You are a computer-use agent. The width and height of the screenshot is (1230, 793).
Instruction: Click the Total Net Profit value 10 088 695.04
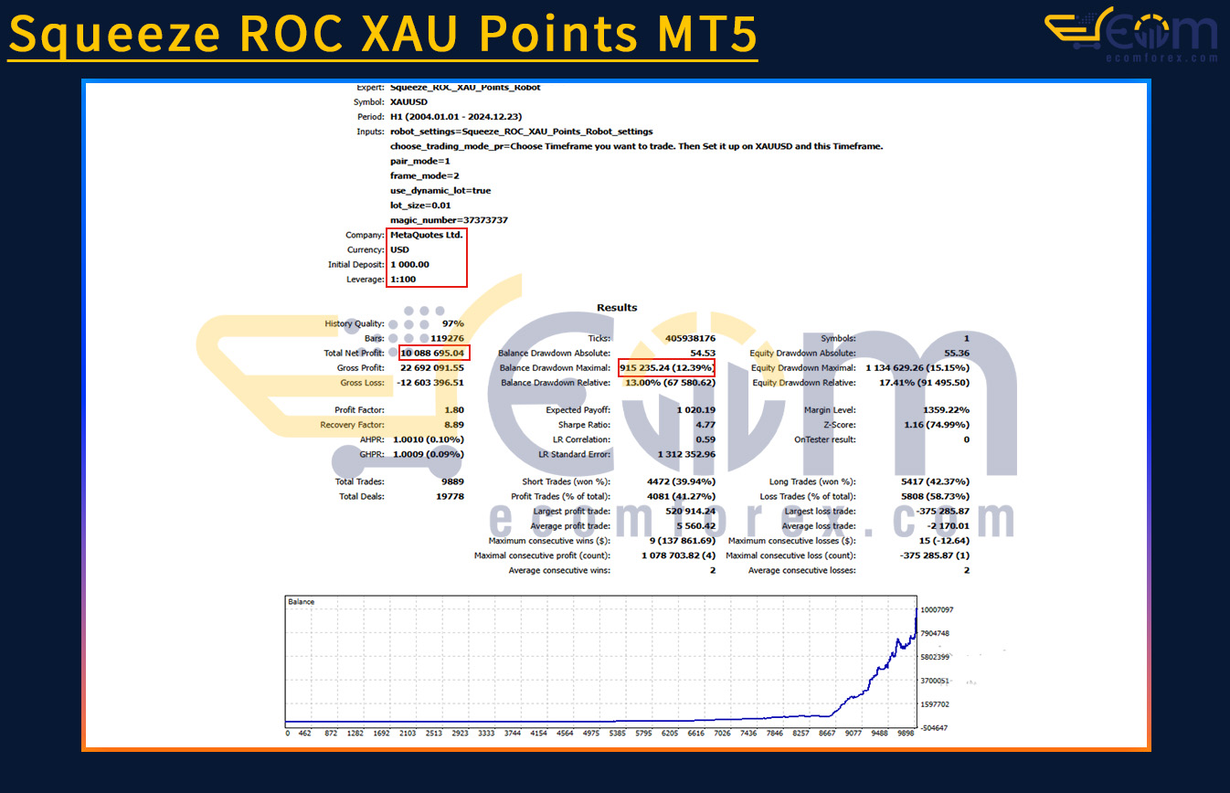(x=432, y=353)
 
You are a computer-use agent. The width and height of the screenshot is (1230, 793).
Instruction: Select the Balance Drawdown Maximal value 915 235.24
(x=644, y=367)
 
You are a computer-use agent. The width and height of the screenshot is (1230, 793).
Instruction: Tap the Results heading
(x=617, y=307)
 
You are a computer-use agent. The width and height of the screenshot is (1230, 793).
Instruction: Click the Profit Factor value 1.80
(x=454, y=410)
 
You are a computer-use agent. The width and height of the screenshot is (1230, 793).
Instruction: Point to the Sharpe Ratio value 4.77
(x=705, y=425)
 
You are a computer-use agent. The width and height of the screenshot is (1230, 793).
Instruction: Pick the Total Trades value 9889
(x=452, y=481)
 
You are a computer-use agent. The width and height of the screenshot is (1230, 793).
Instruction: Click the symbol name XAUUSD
(x=408, y=102)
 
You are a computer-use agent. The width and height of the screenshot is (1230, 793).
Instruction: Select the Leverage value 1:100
(x=403, y=280)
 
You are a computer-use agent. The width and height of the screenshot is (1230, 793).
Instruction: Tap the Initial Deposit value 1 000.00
(x=409, y=265)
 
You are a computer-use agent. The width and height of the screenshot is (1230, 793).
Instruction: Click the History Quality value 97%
(x=453, y=323)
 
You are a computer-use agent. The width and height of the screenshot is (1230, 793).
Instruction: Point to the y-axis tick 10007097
(x=937, y=609)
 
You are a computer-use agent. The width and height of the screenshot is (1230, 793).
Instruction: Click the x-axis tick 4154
(x=538, y=734)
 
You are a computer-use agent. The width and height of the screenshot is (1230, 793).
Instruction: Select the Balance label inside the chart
(x=301, y=602)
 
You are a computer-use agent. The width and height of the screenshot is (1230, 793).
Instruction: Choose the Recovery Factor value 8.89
(x=454, y=425)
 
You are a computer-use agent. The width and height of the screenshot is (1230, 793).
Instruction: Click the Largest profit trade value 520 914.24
(x=690, y=511)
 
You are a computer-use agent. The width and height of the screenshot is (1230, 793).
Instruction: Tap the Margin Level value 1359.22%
(x=946, y=410)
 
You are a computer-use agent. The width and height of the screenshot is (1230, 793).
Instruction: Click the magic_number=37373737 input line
(x=449, y=220)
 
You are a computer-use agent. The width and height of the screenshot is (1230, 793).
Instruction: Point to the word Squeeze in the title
(x=115, y=34)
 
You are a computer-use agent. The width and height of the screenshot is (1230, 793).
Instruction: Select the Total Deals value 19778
(x=450, y=496)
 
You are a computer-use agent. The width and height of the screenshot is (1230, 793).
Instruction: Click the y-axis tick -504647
(x=934, y=728)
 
